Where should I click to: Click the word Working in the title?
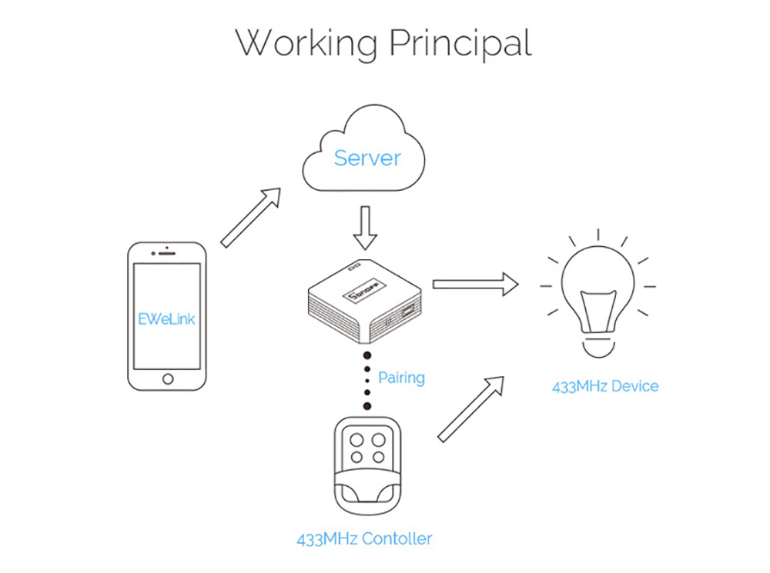[x=306, y=44]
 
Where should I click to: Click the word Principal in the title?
[x=460, y=44]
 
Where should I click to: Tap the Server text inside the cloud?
[x=367, y=158]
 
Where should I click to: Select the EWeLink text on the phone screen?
[x=166, y=319]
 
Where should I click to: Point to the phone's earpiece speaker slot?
[x=167, y=254]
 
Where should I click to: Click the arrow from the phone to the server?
[x=250, y=218]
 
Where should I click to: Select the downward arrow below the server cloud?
[x=365, y=228]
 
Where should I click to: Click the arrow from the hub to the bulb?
[x=475, y=284]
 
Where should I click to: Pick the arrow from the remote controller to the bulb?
[x=470, y=409]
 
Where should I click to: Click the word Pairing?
[x=401, y=378]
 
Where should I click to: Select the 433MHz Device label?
[x=605, y=387]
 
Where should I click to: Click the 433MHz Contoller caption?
[x=364, y=539]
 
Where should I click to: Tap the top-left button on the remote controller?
[x=357, y=440]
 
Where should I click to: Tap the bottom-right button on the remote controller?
[x=378, y=458]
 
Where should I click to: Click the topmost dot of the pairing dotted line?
[x=367, y=355]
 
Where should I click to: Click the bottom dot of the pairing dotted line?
[x=367, y=405]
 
